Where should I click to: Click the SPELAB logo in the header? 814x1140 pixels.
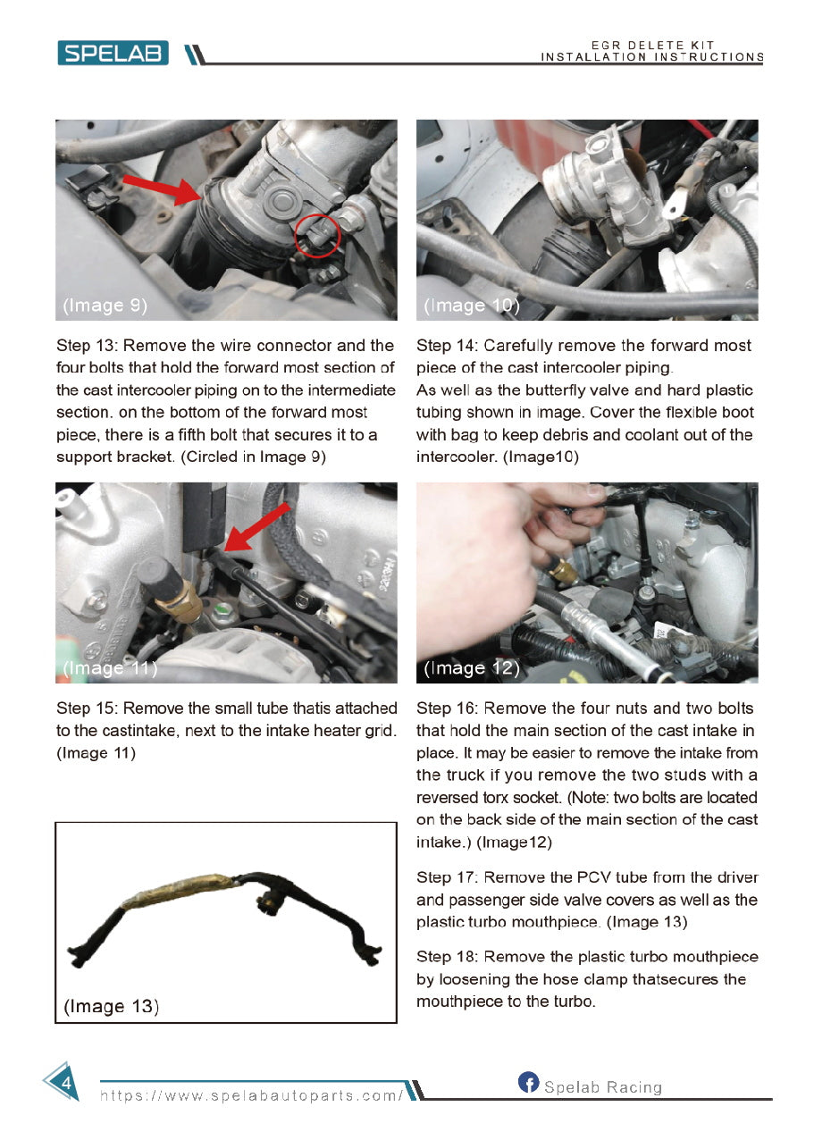[113, 54]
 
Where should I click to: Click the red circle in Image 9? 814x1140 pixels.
[316, 234]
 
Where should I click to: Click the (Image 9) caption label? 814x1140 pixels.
[105, 306]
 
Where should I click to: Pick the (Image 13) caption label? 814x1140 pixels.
[112, 1006]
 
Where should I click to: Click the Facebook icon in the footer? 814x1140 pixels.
[528, 1083]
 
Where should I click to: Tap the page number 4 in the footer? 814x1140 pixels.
[64, 1083]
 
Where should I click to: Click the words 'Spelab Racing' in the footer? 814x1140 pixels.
[603, 1087]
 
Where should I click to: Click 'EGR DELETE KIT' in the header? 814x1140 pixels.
[652, 46]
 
